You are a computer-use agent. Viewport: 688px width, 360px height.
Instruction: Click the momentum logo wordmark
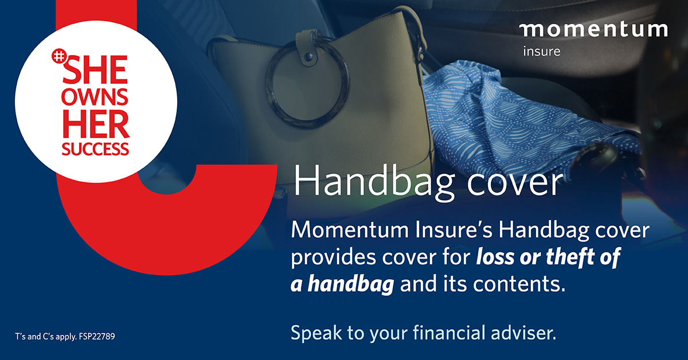coord(593,30)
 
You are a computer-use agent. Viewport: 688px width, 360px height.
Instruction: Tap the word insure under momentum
coord(542,51)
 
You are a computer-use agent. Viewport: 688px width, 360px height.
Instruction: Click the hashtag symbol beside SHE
coord(58,56)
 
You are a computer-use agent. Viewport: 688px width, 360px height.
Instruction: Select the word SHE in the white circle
coord(95,69)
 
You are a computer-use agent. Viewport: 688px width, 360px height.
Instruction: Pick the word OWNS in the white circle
coord(95,97)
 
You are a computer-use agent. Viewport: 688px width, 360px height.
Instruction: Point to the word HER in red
coord(96,124)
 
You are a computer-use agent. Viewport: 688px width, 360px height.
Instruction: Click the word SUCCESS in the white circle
coord(95,148)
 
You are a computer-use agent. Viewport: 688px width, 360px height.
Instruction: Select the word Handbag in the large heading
coord(373,182)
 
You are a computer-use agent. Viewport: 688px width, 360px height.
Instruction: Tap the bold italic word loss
coord(495,257)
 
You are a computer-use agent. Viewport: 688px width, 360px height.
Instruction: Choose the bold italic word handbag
coord(351,284)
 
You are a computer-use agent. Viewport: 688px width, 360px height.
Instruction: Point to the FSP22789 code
coord(97,336)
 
